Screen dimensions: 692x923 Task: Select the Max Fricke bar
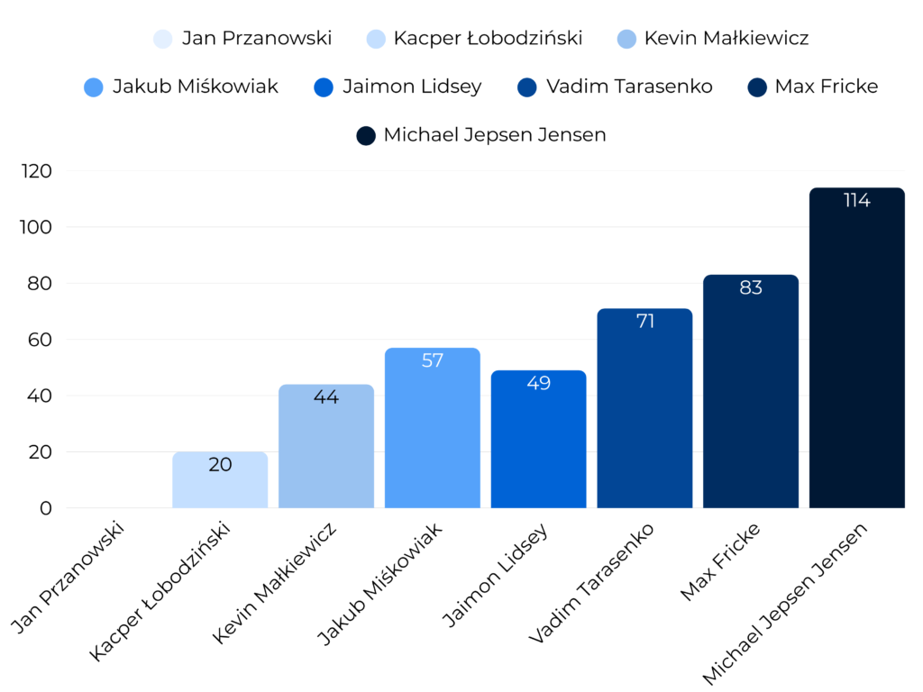[750, 391]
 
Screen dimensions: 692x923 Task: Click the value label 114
[856, 200]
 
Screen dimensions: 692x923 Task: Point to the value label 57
[433, 360]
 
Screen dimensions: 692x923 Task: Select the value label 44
[325, 396]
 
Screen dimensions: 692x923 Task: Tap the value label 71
[644, 321]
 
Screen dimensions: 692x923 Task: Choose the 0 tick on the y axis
[46, 508]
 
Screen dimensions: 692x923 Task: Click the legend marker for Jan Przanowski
[163, 39]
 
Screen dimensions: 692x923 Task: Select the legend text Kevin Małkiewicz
[726, 38]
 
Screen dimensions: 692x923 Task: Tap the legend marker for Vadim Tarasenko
[528, 87]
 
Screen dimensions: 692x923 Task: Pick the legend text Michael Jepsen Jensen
[494, 135]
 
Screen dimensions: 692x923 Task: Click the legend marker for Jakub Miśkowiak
[94, 87]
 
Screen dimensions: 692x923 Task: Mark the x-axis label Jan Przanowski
[71, 577]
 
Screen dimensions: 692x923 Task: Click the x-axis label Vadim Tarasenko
[593, 581]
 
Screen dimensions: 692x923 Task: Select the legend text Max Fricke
[826, 86]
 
